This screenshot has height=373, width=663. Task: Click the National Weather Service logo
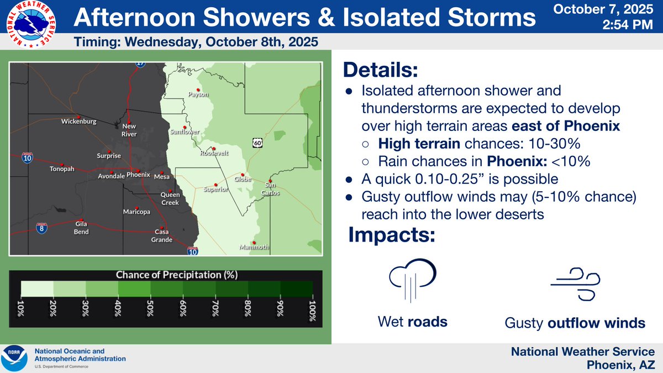click(31, 24)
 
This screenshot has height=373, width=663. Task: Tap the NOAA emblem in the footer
click(14, 358)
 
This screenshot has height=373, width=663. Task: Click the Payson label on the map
click(198, 94)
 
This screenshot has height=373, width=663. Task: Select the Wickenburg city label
click(78, 122)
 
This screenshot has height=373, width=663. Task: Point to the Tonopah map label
click(62, 169)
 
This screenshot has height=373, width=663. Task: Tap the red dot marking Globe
click(243, 175)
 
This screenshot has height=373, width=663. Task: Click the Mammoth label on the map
click(254, 247)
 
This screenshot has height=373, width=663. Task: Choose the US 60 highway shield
click(257, 143)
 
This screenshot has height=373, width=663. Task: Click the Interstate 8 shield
click(42, 228)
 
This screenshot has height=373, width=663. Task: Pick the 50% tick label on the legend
click(150, 308)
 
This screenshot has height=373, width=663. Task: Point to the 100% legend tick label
click(312, 311)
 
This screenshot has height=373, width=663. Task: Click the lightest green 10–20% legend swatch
click(38, 288)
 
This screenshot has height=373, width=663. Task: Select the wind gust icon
click(575, 284)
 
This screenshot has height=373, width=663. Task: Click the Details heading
click(381, 70)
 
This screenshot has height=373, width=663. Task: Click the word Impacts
click(392, 235)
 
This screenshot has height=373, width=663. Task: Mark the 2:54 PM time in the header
click(628, 24)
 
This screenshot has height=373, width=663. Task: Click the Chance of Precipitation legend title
click(177, 275)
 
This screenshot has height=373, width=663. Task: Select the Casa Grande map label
click(161, 235)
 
